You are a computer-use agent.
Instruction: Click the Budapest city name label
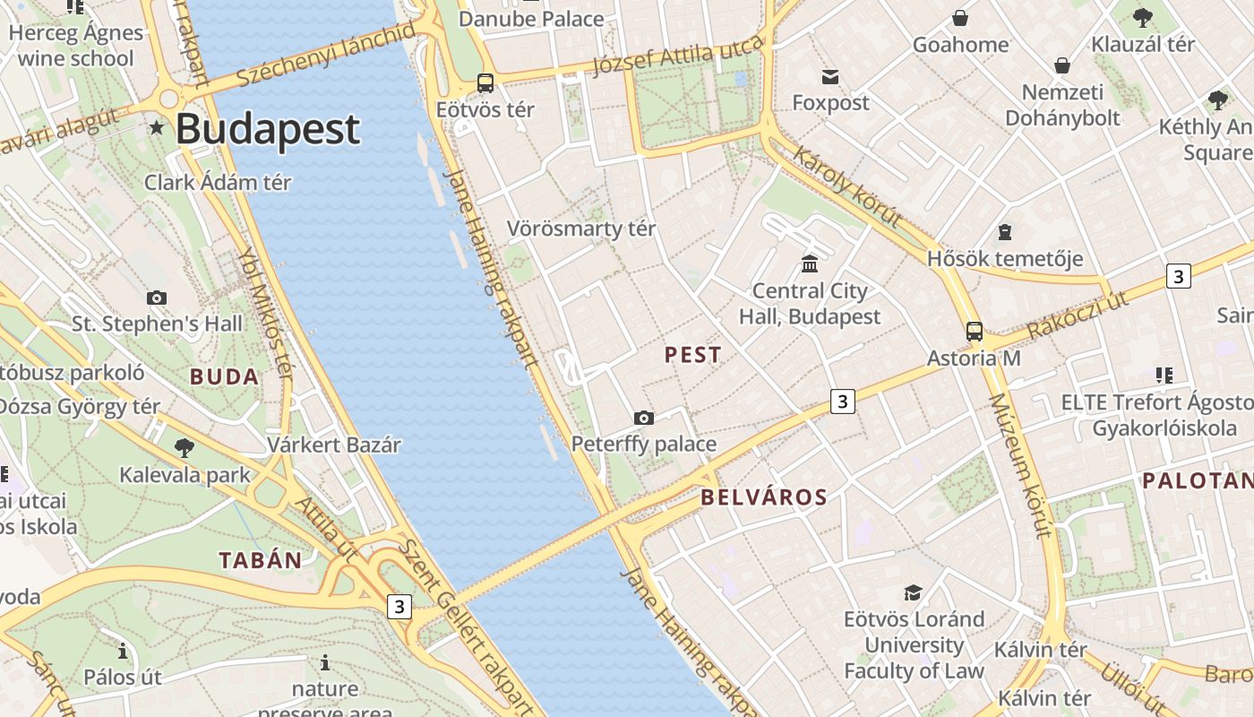268,129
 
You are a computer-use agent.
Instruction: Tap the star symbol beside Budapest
158,128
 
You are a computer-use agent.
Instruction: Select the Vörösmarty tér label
581,229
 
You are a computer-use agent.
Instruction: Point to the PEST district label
692,355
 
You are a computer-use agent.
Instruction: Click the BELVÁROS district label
764,497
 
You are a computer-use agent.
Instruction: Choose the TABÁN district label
261,561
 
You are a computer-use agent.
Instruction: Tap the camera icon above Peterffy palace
643,418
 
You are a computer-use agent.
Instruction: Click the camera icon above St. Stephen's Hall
157,298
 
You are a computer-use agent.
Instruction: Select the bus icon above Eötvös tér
485,83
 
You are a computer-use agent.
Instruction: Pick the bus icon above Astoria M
975,332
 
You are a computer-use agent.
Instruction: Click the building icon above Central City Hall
811,263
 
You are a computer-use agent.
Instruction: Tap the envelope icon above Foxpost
830,77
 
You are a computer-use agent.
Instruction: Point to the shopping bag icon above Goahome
960,18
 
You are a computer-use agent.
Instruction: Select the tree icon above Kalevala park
185,447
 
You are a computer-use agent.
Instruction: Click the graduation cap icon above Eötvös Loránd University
913,593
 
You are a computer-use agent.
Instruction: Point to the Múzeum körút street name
1019,466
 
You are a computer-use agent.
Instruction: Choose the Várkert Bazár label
334,445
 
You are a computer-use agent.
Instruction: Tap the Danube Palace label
531,19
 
